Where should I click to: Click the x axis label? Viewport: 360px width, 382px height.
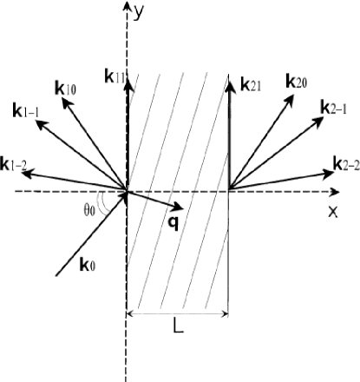(x=332, y=211)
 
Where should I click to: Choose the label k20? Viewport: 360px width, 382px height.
(x=297, y=82)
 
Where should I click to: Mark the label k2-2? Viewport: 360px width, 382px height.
(x=345, y=163)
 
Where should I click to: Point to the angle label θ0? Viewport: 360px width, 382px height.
(x=88, y=209)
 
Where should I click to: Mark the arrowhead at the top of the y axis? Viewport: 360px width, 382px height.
(x=128, y=9)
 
